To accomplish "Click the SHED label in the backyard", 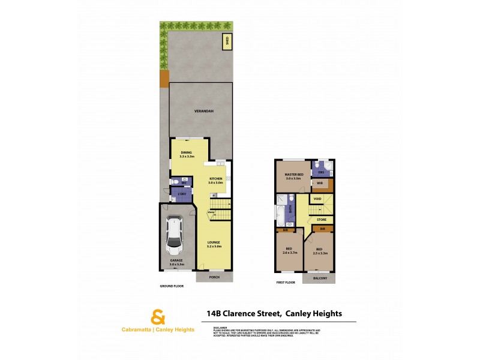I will [x=227, y=41].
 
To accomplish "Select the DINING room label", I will [x=187, y=154].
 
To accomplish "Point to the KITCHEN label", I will [x=215, y=181].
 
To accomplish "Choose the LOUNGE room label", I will [x=214, y=244].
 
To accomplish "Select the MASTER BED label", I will [x=294, y=176].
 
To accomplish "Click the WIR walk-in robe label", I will [x=320, y=184].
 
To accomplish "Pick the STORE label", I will [x=322, y=220].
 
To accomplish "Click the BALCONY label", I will [x=319, y=278].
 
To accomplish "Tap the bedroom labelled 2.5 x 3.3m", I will [x=319, y=251].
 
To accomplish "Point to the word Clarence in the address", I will [x=246, y=313].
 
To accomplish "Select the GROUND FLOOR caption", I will [x=172, y=287].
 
